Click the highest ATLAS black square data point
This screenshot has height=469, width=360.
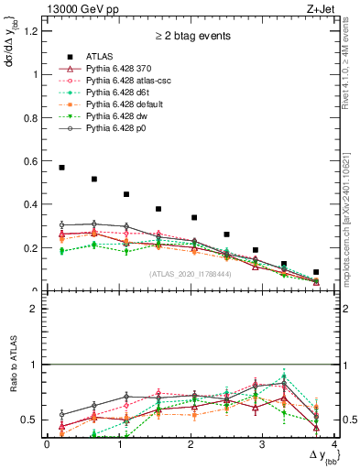click(x=61, y=168)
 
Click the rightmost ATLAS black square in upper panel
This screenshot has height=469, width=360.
click(x=316, y=272)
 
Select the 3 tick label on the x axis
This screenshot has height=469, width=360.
click(x=263, y=444)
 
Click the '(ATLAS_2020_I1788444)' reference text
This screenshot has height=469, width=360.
click(x=191, y=274)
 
